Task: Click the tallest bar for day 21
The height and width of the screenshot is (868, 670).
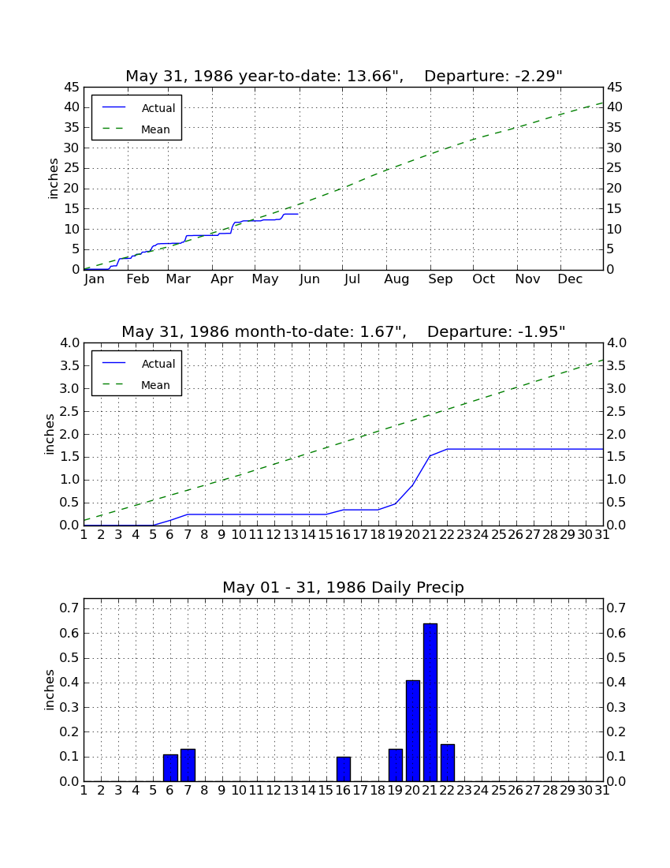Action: click(430, 702)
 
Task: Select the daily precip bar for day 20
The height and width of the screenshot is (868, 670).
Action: click(413, 731)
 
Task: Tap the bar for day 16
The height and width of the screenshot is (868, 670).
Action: click(344, 769)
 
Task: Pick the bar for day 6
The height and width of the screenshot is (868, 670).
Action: click(170, 768)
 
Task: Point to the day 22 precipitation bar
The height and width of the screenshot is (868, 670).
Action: click(448, 763)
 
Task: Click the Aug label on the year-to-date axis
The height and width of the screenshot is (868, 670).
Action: click(396, 279)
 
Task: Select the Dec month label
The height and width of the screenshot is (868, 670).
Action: click(570, 279)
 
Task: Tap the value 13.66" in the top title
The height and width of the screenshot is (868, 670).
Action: click(374, 76)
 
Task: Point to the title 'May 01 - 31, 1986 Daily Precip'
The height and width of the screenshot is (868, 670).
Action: click(344, 587)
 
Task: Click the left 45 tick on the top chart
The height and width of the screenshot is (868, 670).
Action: click(72, 88)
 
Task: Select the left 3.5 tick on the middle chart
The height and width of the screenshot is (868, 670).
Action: click(69, 366)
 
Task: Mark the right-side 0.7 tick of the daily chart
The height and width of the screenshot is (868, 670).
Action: click(616, 608)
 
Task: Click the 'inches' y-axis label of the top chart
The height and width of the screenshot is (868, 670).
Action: click(53, 178)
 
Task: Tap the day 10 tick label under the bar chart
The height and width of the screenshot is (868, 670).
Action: click(239, 790)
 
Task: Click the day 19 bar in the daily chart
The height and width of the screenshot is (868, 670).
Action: click(395, 765)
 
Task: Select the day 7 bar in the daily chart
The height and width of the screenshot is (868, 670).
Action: click(188, 765)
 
